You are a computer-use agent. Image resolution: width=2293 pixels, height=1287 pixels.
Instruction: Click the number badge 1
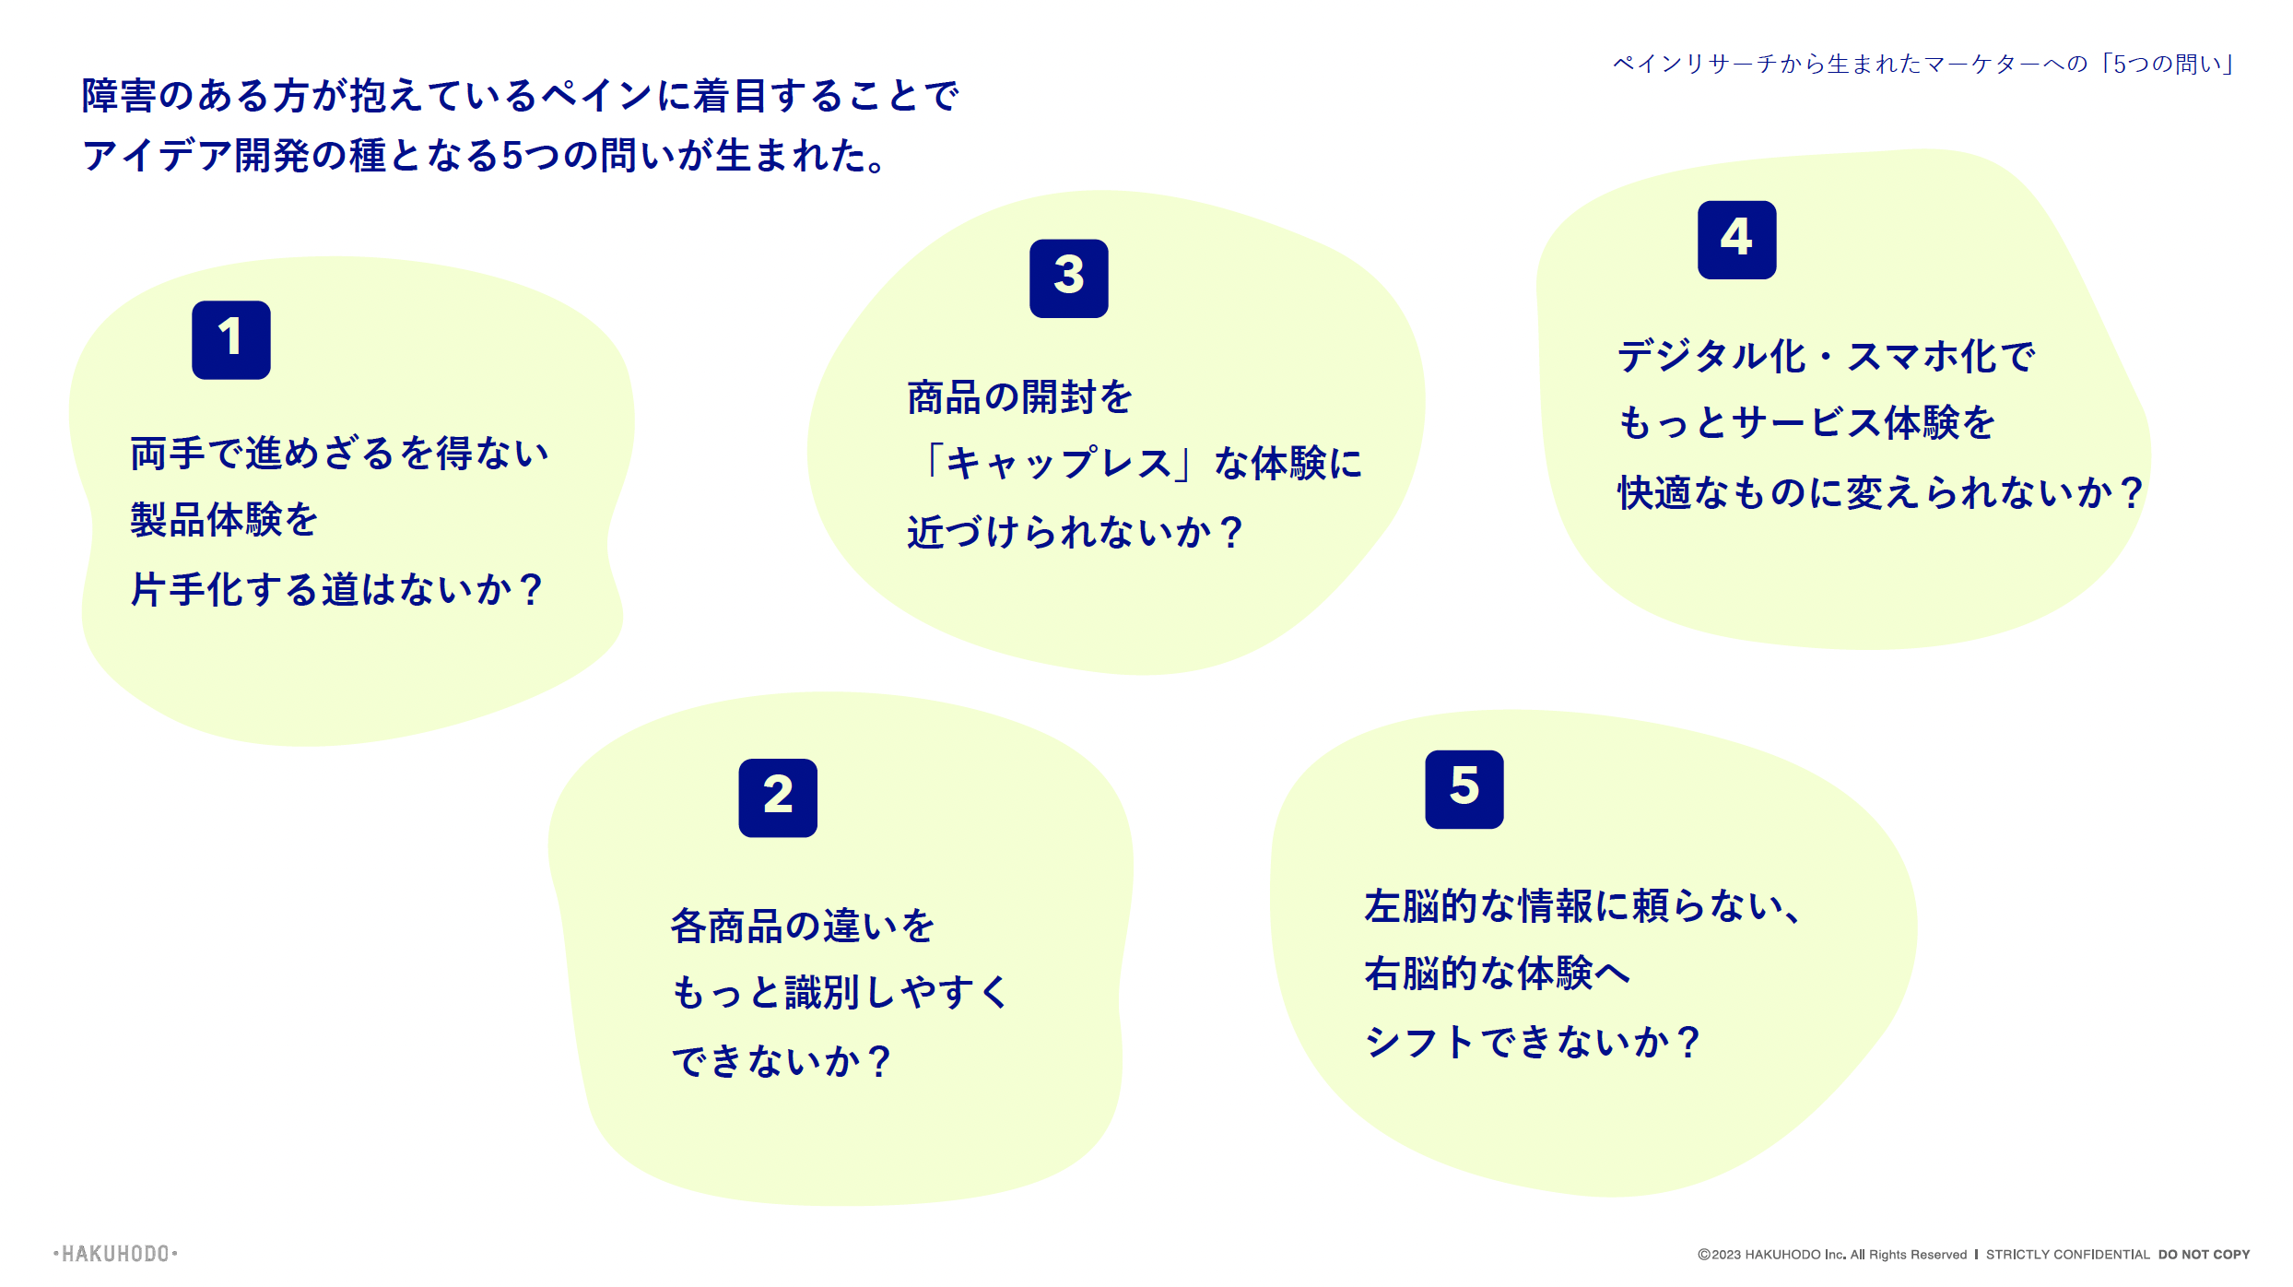(230, 339)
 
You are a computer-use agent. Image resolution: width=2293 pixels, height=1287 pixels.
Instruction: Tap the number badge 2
(778, 797)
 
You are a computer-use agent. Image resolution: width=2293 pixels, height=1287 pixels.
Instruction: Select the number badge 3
(1068, 277)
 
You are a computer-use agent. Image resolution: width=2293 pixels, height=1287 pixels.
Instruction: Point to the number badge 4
(1736, 240)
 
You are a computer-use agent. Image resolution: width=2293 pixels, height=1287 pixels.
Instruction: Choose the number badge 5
(1464, 789)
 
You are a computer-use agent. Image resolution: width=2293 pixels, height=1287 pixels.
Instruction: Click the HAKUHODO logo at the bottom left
(115, 1254)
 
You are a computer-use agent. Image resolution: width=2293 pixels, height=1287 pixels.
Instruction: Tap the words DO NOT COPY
(2204, 1255)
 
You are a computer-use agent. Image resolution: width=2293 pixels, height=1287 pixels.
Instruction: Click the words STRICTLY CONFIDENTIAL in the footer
(2067, 1255)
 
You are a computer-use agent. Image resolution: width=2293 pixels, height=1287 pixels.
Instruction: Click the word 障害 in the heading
(119, 96)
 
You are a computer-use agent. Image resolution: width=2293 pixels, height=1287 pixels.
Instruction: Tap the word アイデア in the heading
(157, 155)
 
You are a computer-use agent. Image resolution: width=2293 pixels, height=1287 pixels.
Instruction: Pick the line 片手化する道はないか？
(337, 590)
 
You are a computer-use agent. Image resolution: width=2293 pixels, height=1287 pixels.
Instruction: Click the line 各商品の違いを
(802, 927)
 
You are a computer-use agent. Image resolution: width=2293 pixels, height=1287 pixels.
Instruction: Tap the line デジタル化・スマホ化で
(1826, 357)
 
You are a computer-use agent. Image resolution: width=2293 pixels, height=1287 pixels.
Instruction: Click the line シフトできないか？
(1533, 1043)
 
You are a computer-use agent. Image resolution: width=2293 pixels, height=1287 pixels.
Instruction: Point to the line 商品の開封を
(1019, 397)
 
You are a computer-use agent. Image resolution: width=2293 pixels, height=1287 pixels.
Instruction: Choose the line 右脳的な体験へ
(1497, 974)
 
